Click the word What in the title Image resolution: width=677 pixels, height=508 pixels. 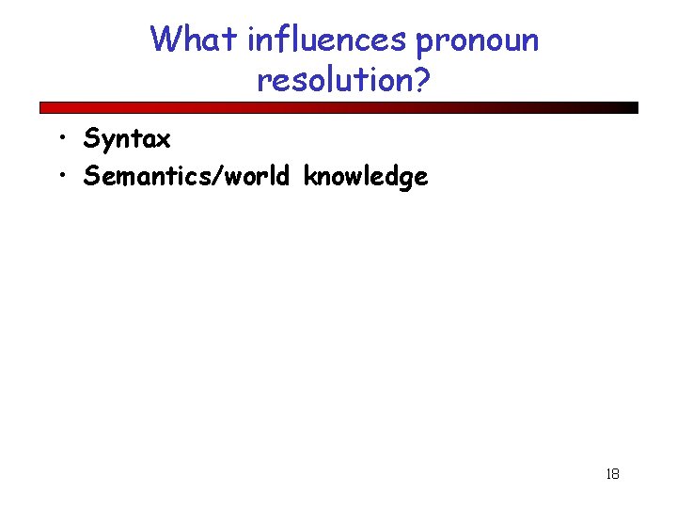click(x=195, y=40)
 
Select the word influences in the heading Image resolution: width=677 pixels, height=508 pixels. click(x=326, y=40)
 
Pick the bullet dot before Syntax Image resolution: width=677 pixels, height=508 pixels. click(x=60, y=140)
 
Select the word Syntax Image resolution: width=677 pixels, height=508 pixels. click(x=127, y=140)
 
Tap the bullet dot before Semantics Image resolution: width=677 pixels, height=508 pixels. click(x=60, y=176)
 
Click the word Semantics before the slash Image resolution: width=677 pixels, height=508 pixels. click(x=139, y=176)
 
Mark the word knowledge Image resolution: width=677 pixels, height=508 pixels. click(x=365, y=177)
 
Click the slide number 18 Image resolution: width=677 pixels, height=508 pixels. click(x=612, y=474)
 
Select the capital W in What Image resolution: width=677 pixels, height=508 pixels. click(x=165, y=40)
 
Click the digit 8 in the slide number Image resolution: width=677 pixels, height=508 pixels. click(x=616, y=474)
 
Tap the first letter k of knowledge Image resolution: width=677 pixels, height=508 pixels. click(x=309, y=176)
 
